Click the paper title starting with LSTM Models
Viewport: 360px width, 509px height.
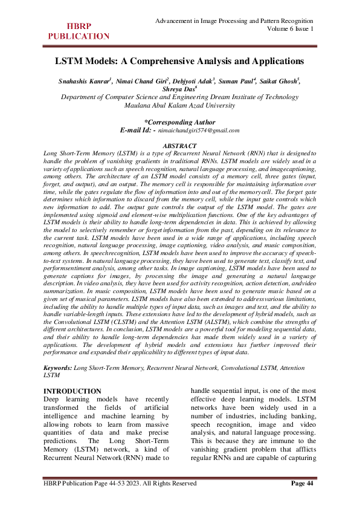coord(180,61)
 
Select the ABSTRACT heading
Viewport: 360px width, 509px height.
coord(180,146)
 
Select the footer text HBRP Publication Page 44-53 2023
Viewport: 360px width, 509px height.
coord(119,483)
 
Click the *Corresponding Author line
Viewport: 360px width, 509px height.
coord(180,122)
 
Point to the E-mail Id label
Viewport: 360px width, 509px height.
coord(138,130)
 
